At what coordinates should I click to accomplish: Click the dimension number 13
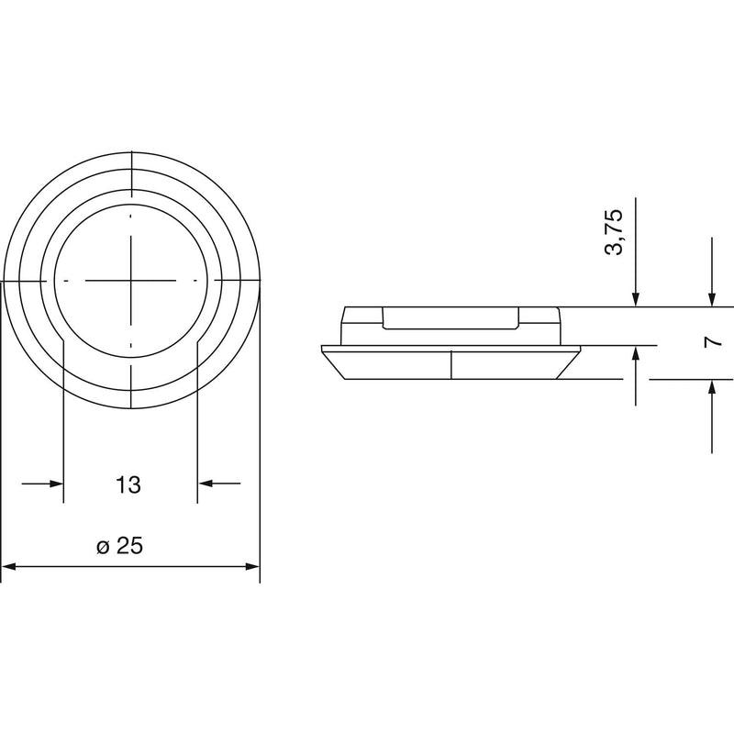click(x=128, y=485)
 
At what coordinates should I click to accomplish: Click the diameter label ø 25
click(x=119, y=546)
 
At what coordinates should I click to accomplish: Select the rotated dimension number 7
click(x=713, y=342)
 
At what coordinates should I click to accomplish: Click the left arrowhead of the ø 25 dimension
click(x=9, y=566)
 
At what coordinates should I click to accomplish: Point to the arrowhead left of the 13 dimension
click(x=56, y=484)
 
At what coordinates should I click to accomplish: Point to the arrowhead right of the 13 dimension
click(x=205, y=484)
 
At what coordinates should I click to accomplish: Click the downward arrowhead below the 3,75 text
click(x=635, y=300)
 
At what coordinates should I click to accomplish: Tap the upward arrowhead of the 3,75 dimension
click(x=635, y=353)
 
